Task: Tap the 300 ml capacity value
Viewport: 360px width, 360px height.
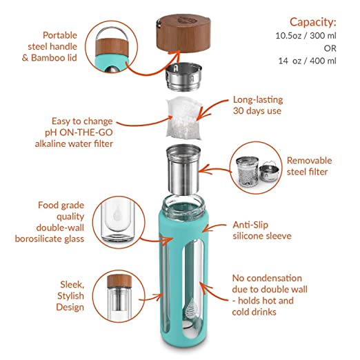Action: tap(323, 36)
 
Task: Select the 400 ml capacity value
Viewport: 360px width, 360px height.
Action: tap(323, 61)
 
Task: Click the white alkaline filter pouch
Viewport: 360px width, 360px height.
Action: tap(183, 119)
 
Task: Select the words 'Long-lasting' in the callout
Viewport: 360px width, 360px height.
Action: tap(258, 100)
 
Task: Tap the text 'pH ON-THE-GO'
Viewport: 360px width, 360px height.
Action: tap(79, 132)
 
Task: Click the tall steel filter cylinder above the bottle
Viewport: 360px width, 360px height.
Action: tap(183, 170)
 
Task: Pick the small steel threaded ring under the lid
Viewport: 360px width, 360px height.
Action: tap(183, 77)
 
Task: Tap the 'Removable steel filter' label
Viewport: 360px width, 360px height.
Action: tap(309, 166)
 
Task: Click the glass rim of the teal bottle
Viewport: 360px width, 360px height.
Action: tap(183, 203)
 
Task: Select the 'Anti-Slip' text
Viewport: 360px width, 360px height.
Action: tap(250, 225)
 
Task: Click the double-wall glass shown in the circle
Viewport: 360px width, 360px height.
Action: tap(117, 222)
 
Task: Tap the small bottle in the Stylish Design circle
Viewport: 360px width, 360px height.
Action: tap(119, 298)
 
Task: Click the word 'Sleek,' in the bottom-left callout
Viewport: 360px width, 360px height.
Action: tap(72, 285)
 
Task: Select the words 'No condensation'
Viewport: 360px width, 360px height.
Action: tap(267, 278)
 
